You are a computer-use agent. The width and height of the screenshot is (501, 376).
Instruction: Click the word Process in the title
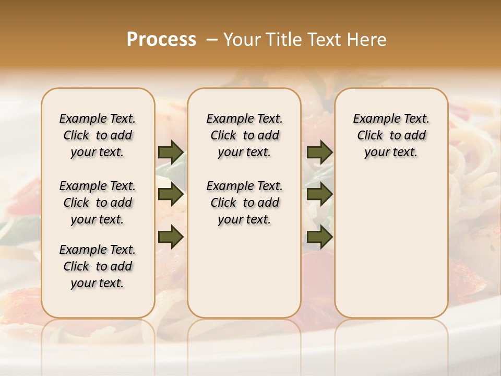(161, 40)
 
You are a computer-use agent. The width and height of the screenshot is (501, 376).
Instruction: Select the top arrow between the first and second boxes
(171, 152)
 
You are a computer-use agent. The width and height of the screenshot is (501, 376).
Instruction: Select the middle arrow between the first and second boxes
(171, 195)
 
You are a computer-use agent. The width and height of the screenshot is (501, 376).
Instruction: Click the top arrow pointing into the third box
(319, 152)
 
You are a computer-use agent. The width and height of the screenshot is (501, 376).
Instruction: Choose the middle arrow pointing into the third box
(319, 195)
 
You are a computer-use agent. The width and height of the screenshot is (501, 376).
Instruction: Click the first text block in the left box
(98, 135)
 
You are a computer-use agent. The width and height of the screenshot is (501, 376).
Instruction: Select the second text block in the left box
(98, 203)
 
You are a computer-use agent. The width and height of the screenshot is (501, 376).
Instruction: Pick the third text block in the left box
(98, 266)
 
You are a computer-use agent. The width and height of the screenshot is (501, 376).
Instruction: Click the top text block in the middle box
(244, 135)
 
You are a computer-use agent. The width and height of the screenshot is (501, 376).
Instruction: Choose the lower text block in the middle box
(244, 203)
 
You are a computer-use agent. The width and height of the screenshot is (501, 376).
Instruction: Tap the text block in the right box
(391, 135)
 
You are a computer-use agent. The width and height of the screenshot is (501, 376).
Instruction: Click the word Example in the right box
(373, 119)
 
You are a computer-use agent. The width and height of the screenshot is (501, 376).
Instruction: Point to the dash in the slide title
(211, 40)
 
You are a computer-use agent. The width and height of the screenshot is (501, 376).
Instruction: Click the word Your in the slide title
(239, 40)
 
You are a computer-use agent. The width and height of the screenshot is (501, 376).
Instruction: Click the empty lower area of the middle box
(244, 272)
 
